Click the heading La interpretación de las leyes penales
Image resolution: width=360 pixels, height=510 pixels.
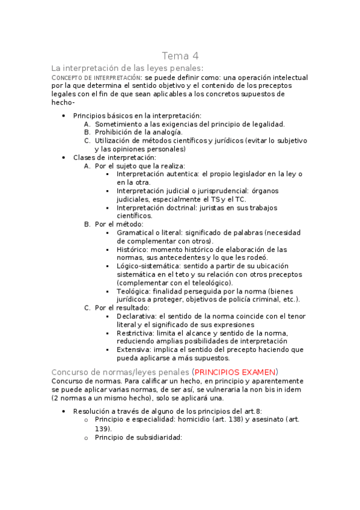[127, 68]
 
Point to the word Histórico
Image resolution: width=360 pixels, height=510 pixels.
[132, 249]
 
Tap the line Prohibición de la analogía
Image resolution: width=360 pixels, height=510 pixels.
[139, 132]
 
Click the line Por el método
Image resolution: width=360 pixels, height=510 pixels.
[119, 224]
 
